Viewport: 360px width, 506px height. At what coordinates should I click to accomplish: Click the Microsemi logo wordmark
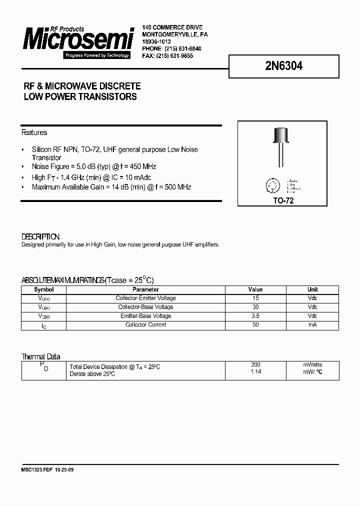pyautogui.click(x=78, y=39)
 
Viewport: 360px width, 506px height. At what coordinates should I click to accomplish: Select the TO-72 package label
pyautogui.click(x=282, y=200)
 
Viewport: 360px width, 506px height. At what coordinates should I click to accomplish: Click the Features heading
pyautogui.click(x=34, y=132)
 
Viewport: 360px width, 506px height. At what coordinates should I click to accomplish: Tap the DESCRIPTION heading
pyautogui.click(x=40, y=236)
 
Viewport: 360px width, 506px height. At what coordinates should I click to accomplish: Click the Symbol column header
pyautogui.click(x=44, y=289)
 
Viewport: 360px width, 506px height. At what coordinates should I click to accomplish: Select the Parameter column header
pyautogui.click(x=145, y=289)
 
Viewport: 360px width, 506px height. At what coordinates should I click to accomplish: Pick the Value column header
pyautogui.click(x=255, y=289)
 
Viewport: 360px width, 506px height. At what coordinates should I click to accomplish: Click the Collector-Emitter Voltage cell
pyautogui.click(x=145, y=298)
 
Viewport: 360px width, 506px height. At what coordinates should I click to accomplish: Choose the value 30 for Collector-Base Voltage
pyautogui.click(x=255, y=307)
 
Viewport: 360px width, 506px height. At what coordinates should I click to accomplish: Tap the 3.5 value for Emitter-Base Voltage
pyautogui.click(x=255, y=316)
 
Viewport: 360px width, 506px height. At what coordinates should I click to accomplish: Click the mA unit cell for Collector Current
pyautogui.click(x=312, y=325)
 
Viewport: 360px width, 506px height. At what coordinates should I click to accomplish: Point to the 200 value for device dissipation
pyautogui.click(x=255, y=365)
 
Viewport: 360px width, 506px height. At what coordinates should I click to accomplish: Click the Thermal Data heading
pyautogui.click(x=40, y=356)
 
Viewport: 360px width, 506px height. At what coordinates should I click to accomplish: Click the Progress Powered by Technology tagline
pyautogui.click(x=97, y=55)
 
